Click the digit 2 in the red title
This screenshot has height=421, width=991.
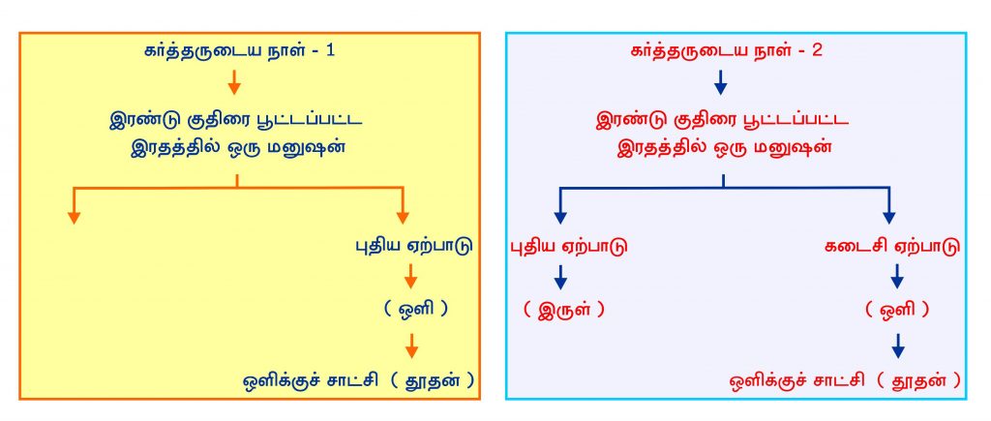[817, 51]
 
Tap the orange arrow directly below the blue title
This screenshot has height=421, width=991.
[234, 82]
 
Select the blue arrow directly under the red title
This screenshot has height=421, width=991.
[721, 82]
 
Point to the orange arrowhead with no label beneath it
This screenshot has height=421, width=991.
[74, 216]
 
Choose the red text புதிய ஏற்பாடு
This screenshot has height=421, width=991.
[569, 247]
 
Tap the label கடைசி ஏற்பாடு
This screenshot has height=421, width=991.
[892, 247]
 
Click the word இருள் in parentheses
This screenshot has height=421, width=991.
[562, 311]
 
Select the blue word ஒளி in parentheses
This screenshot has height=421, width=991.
[415, 309]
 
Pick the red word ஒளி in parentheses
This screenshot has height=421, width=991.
[897, 311]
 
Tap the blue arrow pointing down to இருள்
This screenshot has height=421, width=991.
[560, 277]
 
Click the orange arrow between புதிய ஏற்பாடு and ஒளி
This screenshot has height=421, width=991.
[411, 277]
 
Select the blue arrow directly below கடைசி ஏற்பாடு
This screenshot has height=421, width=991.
[897, 277]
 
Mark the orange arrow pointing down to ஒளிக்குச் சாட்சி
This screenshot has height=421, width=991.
[411, 346]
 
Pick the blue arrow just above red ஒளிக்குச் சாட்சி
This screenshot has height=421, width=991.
[897, 346]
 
